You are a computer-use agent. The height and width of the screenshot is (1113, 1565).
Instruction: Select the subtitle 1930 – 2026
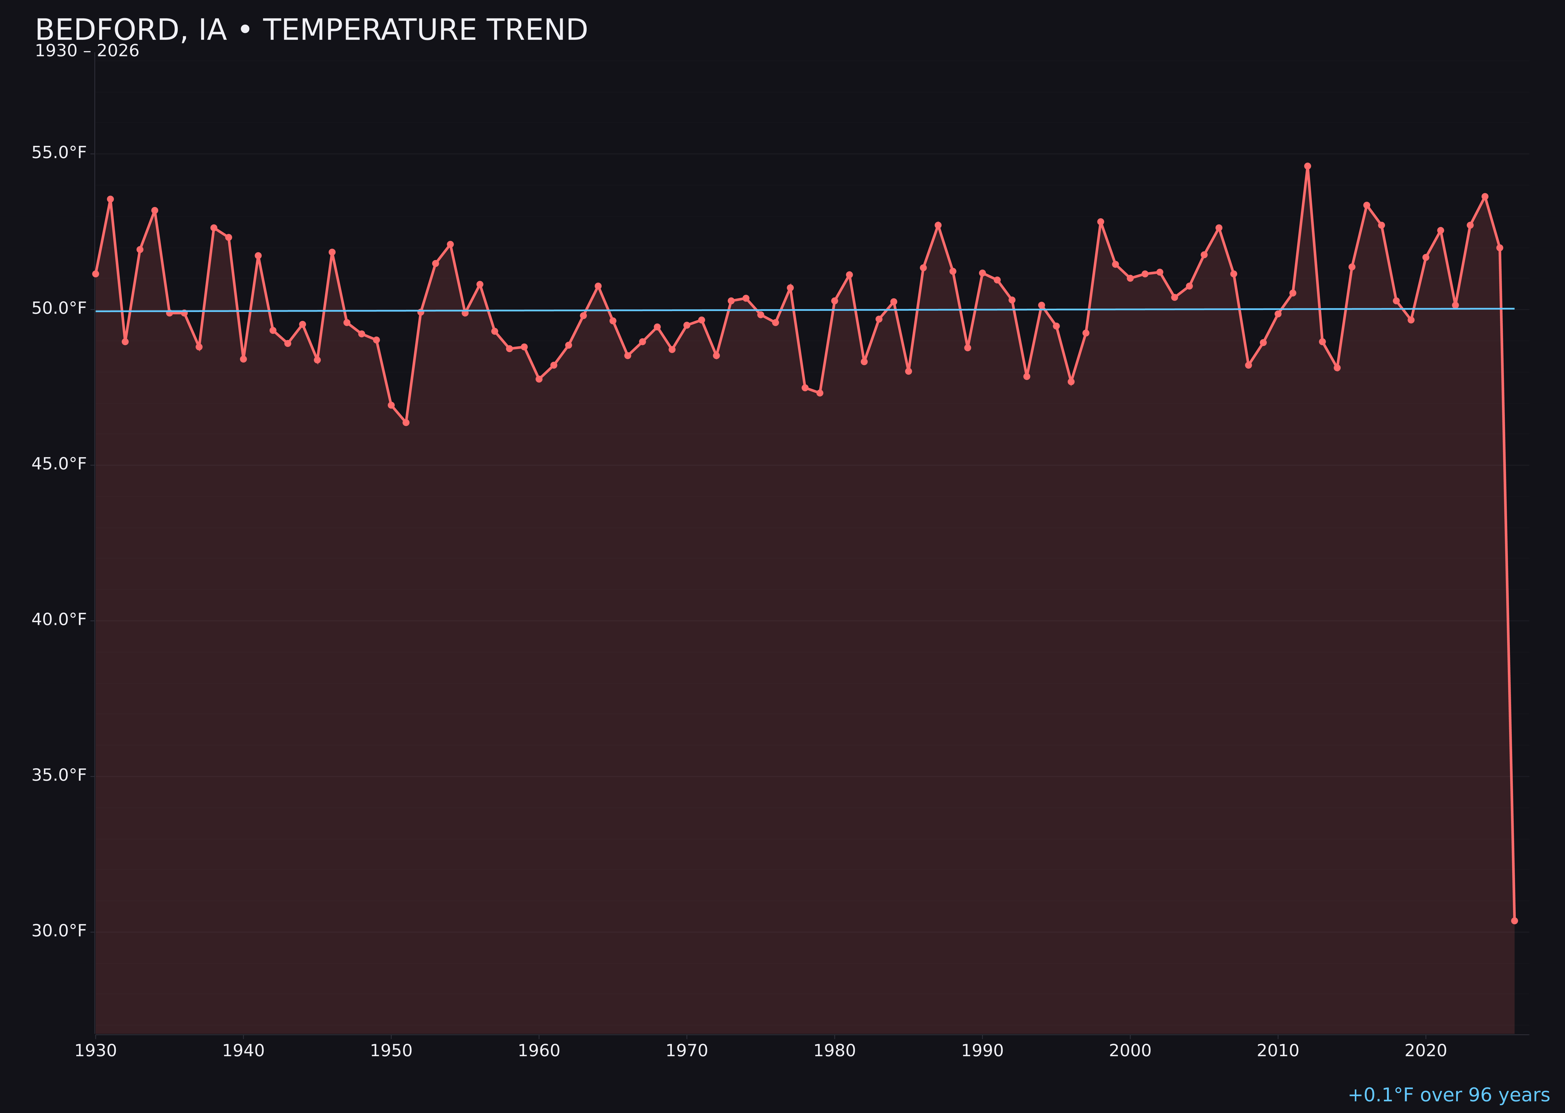coord(87,51)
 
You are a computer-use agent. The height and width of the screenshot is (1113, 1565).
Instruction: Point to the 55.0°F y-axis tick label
coord(59,152)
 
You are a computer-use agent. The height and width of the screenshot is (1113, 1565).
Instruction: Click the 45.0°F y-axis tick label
coord(59,464)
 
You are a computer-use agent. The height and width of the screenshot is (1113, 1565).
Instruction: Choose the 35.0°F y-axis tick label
coord(59,775)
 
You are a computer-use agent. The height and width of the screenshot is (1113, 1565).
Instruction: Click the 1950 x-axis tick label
coord(391,1051)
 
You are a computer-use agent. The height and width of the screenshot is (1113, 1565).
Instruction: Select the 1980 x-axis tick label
coord(835,1051)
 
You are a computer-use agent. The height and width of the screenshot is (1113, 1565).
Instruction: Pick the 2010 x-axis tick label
coord(1278,1051)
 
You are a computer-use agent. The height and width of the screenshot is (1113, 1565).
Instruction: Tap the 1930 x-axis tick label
coord(96,1051)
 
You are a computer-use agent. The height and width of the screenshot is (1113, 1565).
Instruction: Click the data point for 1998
coord(1101,222)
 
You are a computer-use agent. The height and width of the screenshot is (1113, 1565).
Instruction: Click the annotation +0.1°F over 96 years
coord(1448,1095)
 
